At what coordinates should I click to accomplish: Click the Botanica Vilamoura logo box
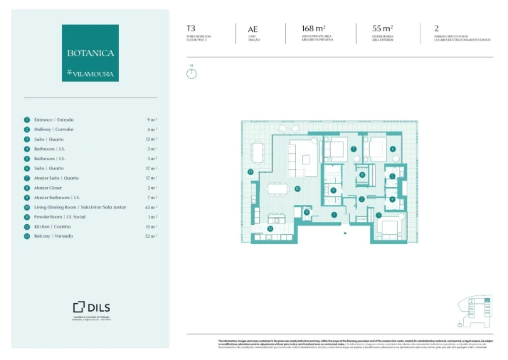pos(90,53)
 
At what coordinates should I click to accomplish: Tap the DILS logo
pos(90,307)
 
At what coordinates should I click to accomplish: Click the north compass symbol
pos(191,73)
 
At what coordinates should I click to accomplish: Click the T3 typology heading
pos(191,29)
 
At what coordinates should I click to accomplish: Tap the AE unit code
pos(253,29)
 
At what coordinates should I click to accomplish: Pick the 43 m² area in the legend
pos(152,207)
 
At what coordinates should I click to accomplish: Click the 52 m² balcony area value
pos(152,236)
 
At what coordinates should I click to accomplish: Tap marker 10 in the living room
pos(297,189)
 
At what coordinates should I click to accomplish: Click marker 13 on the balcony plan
pos(250,172)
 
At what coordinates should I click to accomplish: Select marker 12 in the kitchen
pos(270,228)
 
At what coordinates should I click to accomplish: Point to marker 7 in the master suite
pos(354,149)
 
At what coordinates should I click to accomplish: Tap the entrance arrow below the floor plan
pos(344,233)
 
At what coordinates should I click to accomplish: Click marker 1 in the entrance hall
pos(334,214)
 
